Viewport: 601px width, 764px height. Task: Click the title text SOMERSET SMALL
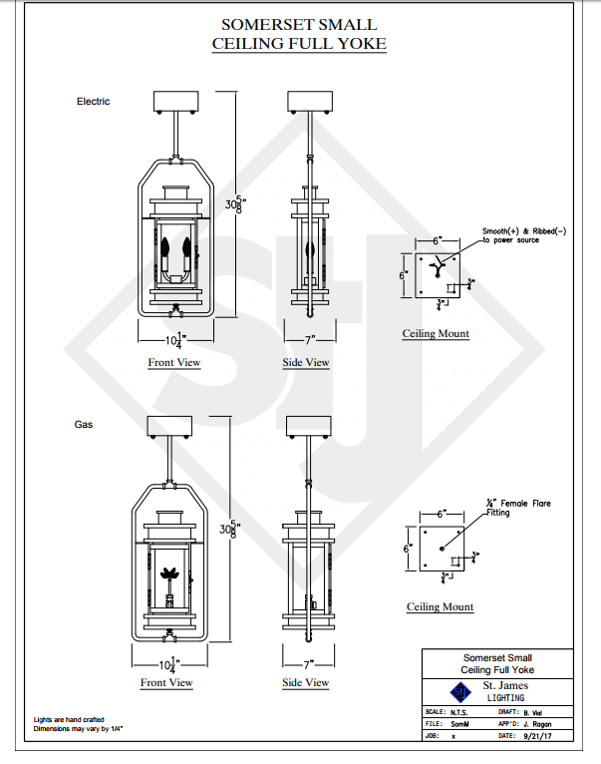pyautogui.click(x=300, y=23)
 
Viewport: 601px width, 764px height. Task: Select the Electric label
pyautogui.click(x=94, y=102)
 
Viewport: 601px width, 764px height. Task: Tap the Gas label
pyautogui.click(x=85, y=425)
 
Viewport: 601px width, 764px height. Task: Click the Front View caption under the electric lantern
pyautogui.click(x=174, y=363)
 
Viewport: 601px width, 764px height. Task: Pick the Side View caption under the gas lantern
pyautogui.click(x=306, y=683)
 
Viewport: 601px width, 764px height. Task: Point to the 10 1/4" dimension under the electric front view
pyautogui.click(x=174, y=340)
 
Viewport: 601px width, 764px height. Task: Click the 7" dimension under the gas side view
pyautogui.click(x=307, y=663)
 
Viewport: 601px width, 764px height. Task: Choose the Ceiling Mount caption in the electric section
pyautogui.click(x=436, y=333)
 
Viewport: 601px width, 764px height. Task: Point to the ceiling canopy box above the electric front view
pyautogui.click(x=175, y=101)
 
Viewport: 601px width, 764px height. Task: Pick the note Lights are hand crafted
pyautogui.click(x=67, y=719)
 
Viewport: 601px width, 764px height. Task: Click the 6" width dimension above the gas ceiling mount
pyautogui.click(x=438, y=515)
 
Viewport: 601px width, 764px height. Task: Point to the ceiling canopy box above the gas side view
pyautogui.click(x=307, y=426)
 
